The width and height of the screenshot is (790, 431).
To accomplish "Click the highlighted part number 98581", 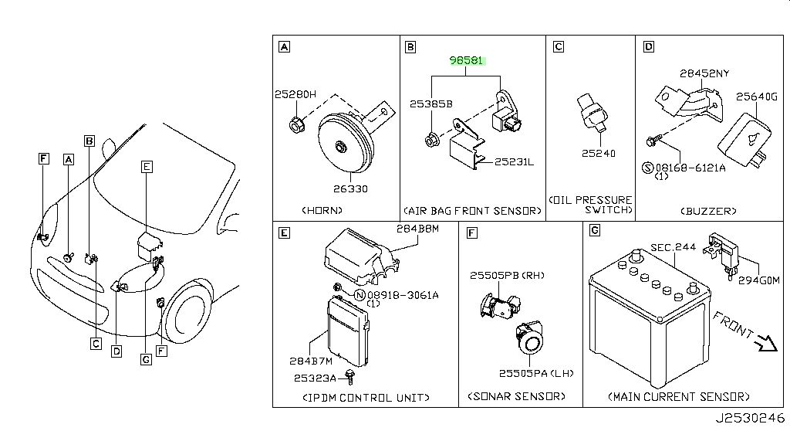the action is pos(466,60).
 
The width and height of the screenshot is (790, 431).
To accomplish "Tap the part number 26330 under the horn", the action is pos(350,188).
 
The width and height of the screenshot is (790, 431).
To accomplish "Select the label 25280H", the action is pos(295,94).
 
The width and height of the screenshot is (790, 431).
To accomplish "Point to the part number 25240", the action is pos(599,153).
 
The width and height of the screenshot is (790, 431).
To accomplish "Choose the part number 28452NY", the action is pos(704,73).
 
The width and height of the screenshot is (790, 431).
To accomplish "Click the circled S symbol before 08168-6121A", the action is pos(648,168).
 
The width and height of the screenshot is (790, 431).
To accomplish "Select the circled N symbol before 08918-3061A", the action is pos(360,295).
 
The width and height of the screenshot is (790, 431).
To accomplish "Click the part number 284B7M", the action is pos(311,361).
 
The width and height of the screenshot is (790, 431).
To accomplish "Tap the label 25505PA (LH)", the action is pos(536,374).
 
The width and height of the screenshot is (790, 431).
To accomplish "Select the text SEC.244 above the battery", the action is pos(673,247).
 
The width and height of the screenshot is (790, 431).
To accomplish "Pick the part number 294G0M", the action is pos(759,280).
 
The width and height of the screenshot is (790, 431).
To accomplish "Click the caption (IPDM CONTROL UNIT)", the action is pos(366,398).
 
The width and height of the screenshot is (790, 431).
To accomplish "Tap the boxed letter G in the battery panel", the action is pos(595,231).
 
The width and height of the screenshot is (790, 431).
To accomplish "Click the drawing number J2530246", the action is pos(750,419).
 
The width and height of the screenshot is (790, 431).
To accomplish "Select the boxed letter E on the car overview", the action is pos(147,167).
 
